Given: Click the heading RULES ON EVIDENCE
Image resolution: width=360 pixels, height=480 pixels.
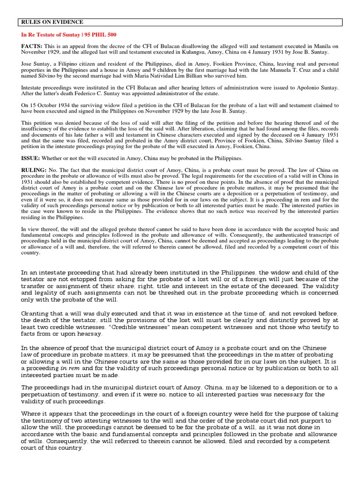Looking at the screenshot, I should (x=52, y=22).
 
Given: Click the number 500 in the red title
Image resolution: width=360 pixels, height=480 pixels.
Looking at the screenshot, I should (x=111, y=35).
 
